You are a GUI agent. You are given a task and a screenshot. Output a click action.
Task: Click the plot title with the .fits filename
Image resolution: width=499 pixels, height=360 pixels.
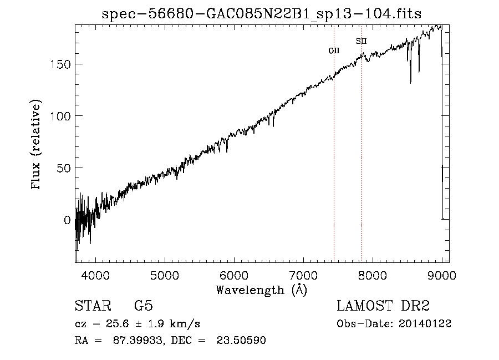262,14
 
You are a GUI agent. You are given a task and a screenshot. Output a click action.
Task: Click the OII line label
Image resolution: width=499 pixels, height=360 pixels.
334,50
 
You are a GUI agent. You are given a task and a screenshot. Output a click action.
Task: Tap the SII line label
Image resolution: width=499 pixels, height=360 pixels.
361,41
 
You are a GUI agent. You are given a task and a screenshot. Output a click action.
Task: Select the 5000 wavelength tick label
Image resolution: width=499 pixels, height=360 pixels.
165,275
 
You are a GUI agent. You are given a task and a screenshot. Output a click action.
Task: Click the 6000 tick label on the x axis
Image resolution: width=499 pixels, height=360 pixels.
234,275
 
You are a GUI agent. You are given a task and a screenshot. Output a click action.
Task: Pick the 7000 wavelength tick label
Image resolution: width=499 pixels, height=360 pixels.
303,275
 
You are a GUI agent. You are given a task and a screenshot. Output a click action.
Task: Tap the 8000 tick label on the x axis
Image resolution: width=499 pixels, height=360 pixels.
373,275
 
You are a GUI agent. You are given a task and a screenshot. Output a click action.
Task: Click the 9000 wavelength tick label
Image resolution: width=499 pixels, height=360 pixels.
442,275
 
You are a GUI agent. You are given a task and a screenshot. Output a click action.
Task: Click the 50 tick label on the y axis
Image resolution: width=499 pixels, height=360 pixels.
64,168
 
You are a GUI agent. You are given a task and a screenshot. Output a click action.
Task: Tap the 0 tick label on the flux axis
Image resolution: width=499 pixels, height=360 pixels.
67,220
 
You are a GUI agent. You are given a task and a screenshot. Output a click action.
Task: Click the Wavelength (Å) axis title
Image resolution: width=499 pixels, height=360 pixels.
261,290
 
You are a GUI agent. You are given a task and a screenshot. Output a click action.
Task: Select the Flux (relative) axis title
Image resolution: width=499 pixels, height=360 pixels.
37,146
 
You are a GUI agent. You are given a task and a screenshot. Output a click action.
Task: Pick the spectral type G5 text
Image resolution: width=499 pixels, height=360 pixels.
143,306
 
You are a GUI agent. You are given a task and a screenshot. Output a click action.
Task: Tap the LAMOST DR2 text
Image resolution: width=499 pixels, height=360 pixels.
383,306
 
